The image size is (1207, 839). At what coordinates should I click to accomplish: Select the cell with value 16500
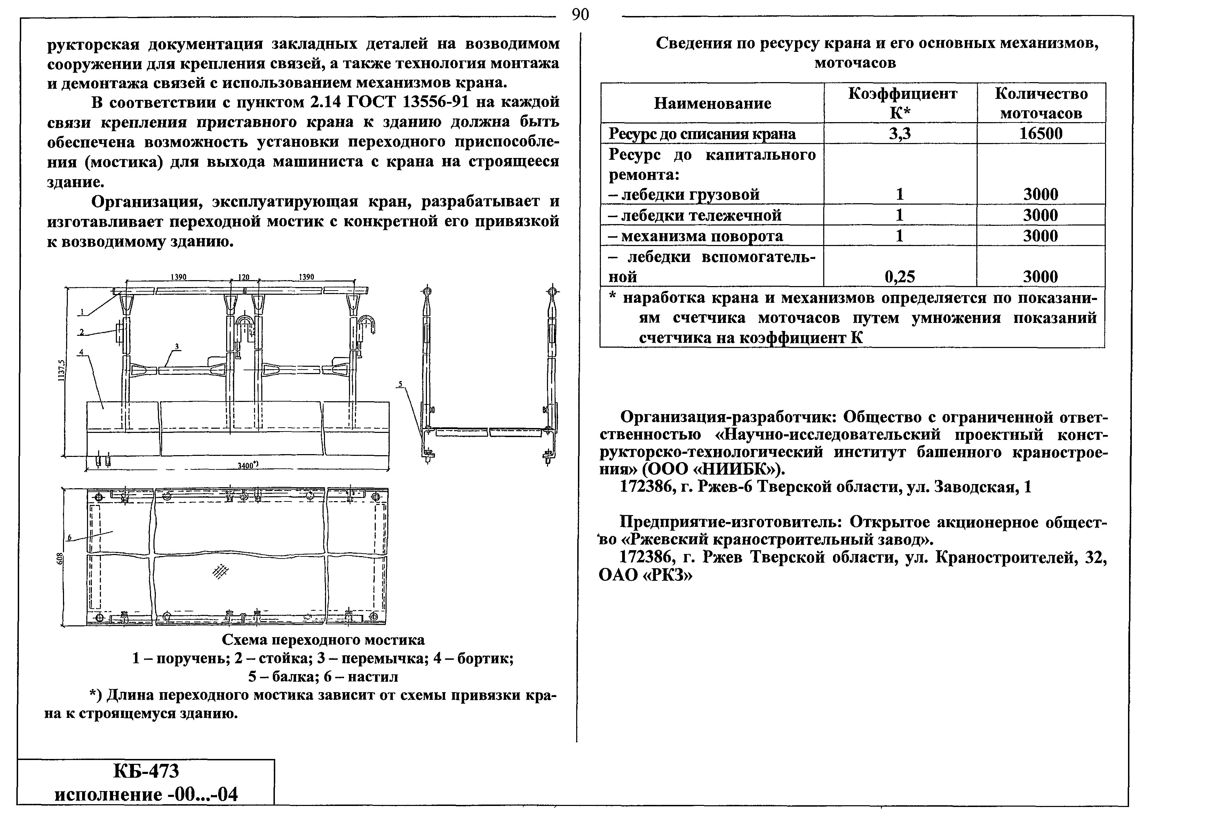pos(1040,134)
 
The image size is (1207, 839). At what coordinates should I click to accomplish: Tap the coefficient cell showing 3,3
pos(900,134)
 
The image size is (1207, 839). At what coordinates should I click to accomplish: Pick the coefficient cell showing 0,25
pos(900,277)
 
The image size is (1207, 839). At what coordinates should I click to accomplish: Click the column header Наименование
pos(712,103)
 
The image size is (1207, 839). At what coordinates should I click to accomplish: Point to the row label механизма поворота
pos(695,236)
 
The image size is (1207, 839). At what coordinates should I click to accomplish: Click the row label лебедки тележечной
pos(695,215)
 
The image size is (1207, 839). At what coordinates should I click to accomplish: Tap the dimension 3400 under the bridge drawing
pos(247,465)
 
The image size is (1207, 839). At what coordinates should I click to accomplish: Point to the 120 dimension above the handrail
pos(243,277)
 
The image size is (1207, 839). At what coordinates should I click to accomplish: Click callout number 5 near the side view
pos(400,384)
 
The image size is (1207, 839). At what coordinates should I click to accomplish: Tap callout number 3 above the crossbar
pos(177,347)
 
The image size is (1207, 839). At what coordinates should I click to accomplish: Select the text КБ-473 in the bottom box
pos(146,771)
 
